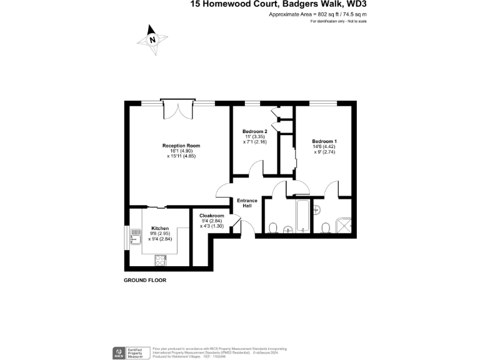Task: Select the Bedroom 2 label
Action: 255,131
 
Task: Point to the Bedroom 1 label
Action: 324,141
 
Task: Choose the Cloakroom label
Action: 212,216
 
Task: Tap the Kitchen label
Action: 160,229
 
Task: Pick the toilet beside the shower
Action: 326,226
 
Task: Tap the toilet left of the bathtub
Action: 273,226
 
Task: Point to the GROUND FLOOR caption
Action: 145,281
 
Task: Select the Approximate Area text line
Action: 317,13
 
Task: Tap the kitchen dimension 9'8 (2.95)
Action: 160,234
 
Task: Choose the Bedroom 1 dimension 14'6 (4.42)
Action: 324,147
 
